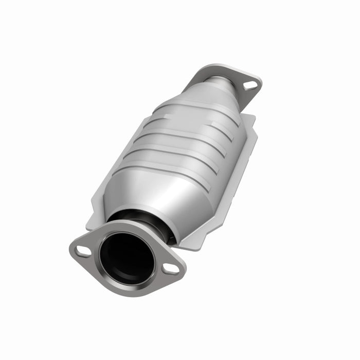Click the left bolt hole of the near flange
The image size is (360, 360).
point(83,250)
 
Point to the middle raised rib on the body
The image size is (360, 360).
point(183,139)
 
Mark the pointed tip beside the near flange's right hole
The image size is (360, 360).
point(183,273)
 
